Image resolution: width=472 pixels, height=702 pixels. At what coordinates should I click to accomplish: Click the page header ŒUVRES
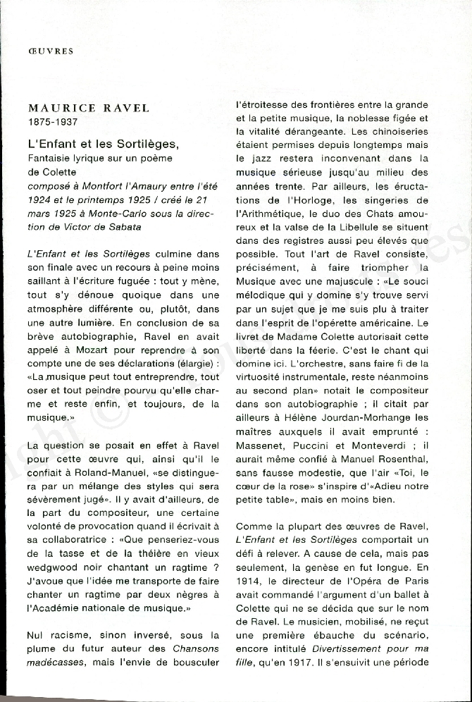(x=51, y=51)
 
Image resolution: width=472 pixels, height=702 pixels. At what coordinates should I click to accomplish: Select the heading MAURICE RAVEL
(x=89, y=109)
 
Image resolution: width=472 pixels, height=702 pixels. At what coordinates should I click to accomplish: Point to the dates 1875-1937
(x=53, y=122)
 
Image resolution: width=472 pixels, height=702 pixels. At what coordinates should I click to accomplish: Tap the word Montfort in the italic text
(x=103, y=185)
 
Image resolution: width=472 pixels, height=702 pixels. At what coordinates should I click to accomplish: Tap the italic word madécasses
(x=55, y=663)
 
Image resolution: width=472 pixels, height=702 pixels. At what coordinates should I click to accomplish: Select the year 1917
(x=285, y=663)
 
